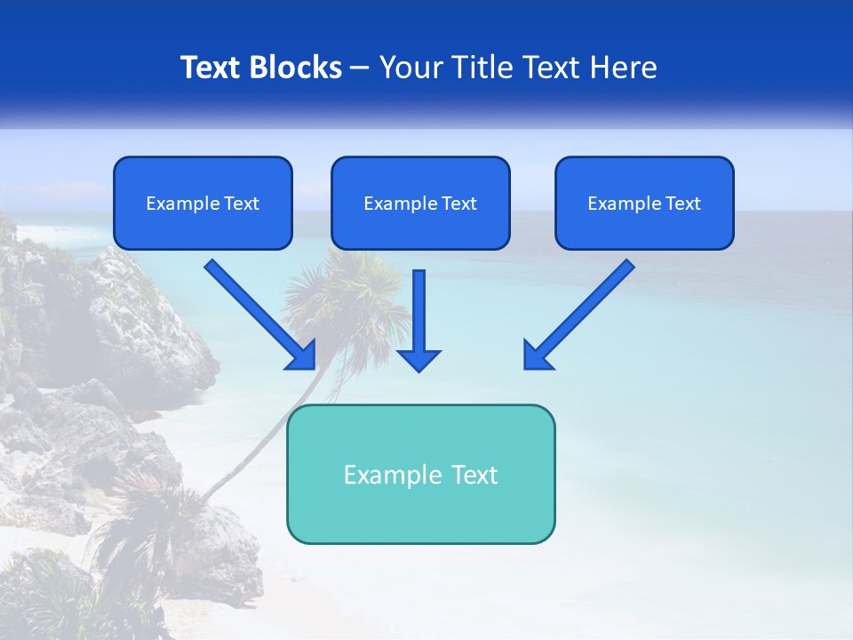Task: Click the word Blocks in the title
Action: coord(295,68)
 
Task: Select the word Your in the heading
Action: coord(412,68)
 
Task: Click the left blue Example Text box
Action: coord(203,204)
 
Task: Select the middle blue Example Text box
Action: coord(420,204)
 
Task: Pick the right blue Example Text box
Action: coord(644,204)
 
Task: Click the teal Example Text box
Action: coord(420,474)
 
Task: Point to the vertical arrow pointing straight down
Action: coord(419,316)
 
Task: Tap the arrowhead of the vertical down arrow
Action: coord(419,359)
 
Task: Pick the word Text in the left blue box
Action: coord(242,204)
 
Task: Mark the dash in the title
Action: coord(360,68)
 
